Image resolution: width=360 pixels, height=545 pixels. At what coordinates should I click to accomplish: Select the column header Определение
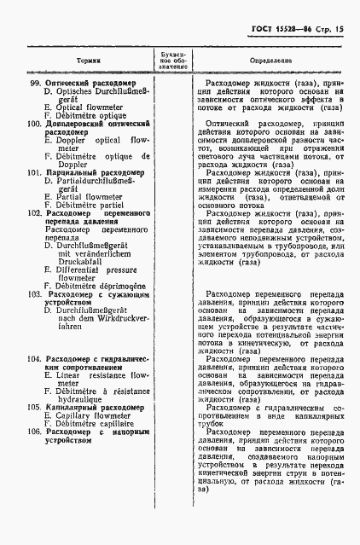tap(271, 61)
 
